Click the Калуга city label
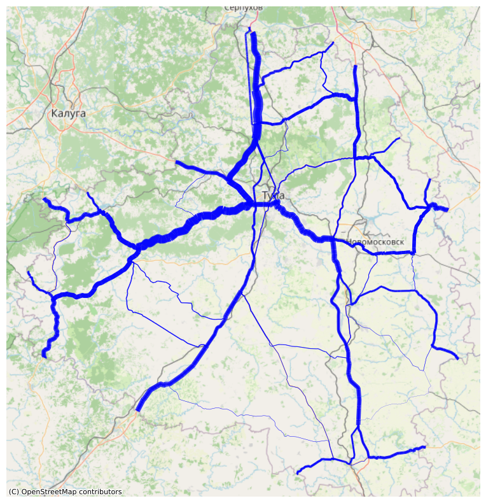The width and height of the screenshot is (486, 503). pos(67,113)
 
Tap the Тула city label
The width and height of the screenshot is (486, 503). pos(273,195)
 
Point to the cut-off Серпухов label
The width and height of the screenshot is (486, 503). pos(243,8)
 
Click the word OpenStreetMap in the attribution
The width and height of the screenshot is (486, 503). pos(52,492)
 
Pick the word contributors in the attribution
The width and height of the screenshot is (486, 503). pos(101,492)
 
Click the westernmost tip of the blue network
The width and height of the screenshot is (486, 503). pos(28,273)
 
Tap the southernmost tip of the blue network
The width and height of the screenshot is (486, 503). pos(298,473)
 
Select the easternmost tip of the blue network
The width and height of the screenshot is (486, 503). pos(457,358)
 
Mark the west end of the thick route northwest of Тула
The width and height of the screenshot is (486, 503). pos(177,163)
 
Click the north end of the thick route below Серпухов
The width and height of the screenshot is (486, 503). pos(254,33)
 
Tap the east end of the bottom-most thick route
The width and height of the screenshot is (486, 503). pos(424,448)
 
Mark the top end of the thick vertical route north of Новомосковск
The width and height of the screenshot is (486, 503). pos(355,66)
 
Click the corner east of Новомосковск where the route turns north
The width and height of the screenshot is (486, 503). pos(414,252)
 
